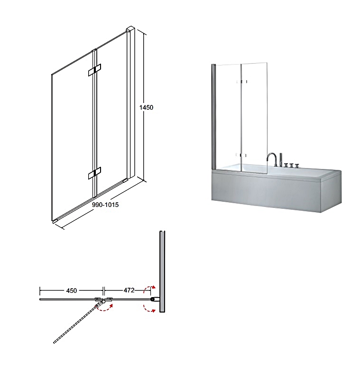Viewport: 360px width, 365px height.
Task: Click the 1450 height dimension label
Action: point(146,107)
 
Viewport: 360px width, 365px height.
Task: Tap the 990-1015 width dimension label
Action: point(105,205)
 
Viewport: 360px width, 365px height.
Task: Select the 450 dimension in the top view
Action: point(72,290)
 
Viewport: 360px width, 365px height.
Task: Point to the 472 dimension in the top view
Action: point(129,290)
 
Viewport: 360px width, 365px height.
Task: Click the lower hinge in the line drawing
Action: point(94,173)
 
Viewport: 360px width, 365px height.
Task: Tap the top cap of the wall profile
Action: point(130,29)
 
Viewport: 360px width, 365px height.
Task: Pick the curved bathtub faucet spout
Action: point(272,159)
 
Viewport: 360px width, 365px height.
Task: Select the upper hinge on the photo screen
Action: point(241,82)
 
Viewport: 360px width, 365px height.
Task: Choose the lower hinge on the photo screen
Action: point(241,155)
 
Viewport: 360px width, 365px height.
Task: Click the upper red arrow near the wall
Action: point(149,289)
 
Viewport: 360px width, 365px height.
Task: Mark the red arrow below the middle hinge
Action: point(105,308)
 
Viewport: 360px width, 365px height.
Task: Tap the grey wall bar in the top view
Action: point(162,271)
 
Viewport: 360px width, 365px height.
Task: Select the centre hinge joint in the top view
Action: point(103,300)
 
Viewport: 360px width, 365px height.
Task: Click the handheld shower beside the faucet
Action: point(281,159)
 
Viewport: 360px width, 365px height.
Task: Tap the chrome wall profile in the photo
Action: point(213,116)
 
